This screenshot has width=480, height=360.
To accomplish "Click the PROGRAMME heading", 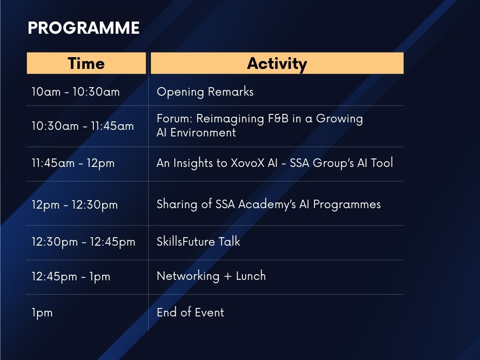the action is (83, 28).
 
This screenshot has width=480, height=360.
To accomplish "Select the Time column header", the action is (86, 63).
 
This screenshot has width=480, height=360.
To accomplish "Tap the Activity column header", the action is (277, 63).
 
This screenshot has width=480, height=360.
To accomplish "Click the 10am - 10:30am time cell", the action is (75, 92).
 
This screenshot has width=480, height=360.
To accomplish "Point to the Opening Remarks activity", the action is (205, 92).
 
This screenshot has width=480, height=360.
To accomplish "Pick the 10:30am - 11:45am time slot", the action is (82, 126).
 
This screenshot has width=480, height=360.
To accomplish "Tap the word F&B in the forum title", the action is (278, 119).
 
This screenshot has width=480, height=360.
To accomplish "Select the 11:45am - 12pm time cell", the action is (73, 163).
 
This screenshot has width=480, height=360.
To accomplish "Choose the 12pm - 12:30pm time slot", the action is (75, 205).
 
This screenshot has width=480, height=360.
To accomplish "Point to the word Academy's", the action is (267, 204).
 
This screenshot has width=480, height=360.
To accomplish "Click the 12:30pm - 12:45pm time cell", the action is (83, 242).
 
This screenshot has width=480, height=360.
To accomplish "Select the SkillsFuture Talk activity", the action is (198, 241).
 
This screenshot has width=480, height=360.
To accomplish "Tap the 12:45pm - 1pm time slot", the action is (71, 277).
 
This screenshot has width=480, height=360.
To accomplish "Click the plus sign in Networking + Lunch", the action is (227, 277).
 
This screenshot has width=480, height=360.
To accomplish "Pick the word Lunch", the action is (251, 276).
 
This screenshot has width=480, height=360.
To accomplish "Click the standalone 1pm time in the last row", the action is (42, 313).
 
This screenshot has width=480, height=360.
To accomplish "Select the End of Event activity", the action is (190, 312).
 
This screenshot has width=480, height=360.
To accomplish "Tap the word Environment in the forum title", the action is (203, 133).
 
